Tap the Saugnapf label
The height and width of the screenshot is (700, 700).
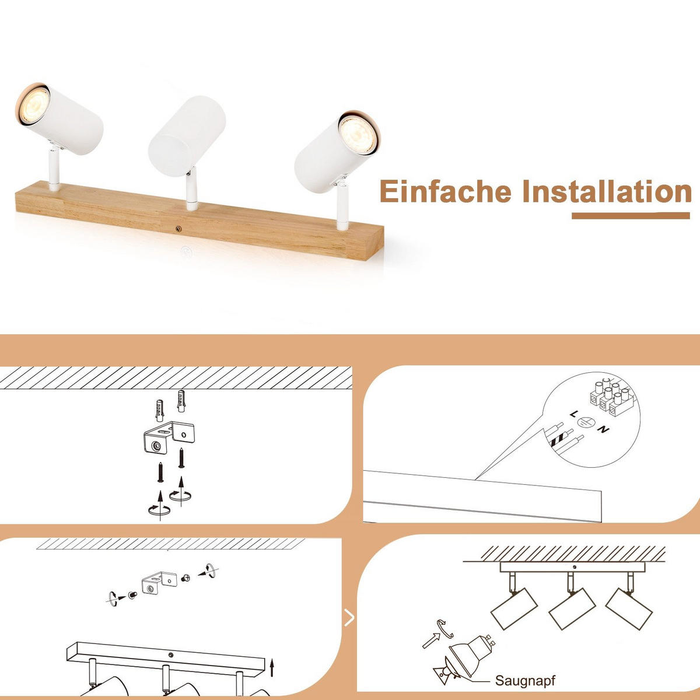click(x=525, y=680)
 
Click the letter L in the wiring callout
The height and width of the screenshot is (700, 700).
click(x=575, y=414)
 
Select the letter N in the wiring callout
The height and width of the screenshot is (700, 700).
click(x=604, y=430)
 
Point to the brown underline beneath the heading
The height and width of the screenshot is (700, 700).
click(x=630, y=216)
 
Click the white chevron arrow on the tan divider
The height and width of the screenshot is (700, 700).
click(x=349, y=617)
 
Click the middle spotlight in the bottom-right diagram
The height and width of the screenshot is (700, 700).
click(x=572, y=608)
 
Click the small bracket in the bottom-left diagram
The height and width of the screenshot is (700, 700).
click(x=157, y=584)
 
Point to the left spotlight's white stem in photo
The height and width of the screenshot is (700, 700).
click(x=52, y=169)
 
